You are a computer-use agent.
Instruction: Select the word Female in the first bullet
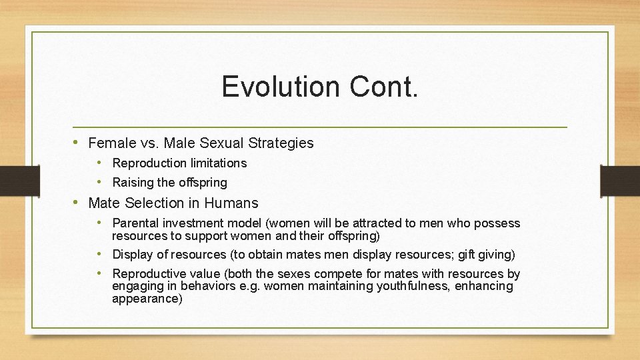(111, 143)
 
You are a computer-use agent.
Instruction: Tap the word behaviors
(214, 286)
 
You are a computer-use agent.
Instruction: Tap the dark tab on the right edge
(619, 181)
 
